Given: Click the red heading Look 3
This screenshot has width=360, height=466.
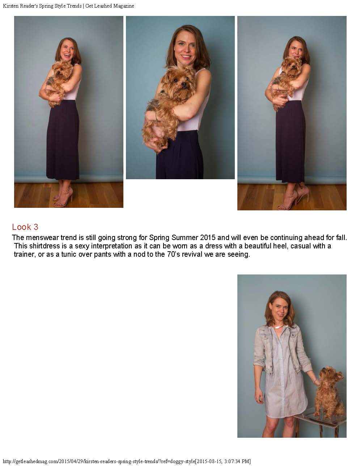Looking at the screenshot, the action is (x=25, y=227).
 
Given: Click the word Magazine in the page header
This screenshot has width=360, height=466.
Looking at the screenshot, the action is (x=123, y=6).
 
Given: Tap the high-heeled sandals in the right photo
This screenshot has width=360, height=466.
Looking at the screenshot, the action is (x=293, y=198).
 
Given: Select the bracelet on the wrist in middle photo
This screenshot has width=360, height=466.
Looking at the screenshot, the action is (x=156, y=117).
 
